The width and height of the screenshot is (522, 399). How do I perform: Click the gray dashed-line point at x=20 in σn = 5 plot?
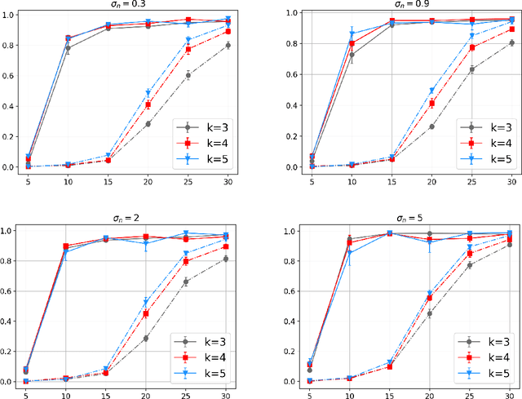pos(431,313)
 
